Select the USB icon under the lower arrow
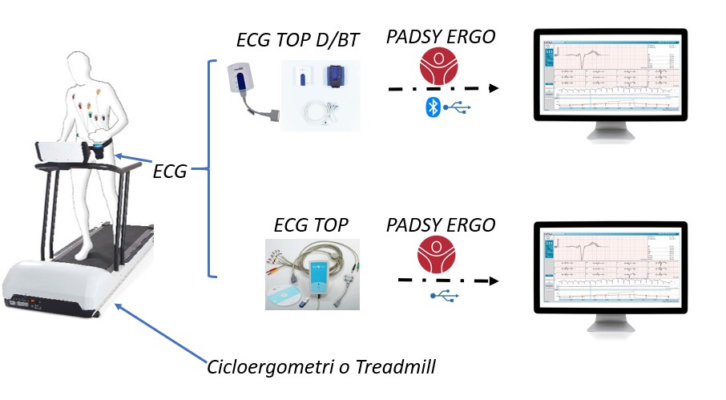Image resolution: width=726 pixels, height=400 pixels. click(x=444, y=297)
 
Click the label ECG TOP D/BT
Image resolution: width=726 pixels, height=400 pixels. click(x=297, y=40)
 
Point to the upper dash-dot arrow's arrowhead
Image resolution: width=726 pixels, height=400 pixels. click(x=494, y=88)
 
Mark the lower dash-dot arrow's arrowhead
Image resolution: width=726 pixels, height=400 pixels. click(x=493, y=281)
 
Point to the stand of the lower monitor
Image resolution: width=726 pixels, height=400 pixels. click(x=610, y=324)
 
